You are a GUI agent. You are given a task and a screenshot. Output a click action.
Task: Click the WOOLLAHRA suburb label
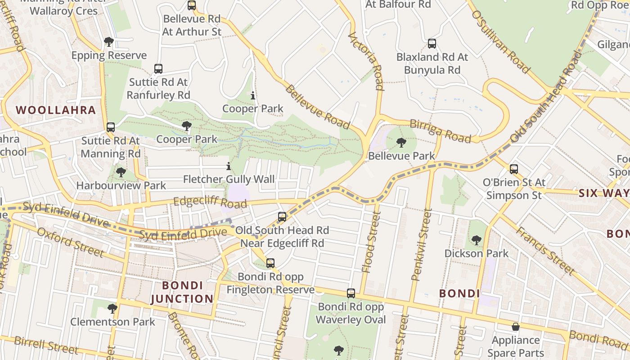[x=56, y=110]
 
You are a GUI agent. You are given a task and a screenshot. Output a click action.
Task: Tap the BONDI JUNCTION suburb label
[x=182, y=292]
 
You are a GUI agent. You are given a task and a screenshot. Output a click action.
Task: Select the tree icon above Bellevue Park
[x=401, y=143]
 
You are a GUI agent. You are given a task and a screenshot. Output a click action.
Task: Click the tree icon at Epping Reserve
[x=108, y=42]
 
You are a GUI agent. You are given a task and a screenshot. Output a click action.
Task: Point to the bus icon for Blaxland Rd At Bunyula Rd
[x=432, y=44]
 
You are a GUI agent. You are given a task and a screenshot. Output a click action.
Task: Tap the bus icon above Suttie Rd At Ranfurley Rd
[x=158, y=69]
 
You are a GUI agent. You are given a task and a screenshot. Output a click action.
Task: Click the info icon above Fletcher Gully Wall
[x=229, y=166]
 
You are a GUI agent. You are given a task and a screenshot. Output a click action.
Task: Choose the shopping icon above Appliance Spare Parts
[x=516, y=327]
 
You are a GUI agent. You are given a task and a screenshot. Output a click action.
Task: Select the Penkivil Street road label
[x=422, y=244]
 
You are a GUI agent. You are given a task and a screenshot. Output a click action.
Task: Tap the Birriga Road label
[x=440, y=131]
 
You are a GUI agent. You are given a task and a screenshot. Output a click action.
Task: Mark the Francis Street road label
[x=544, y=251]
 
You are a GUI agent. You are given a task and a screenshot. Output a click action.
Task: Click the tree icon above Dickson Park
[x=476, y=240]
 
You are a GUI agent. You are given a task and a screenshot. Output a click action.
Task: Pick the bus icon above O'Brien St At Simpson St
[x=514, y=169]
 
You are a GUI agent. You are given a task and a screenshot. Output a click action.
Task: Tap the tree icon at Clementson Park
[x=112, y=309]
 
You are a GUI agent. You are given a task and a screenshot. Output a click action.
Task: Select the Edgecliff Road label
[x=210, y=203]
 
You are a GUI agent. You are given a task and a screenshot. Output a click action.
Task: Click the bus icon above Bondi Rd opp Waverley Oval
[x=351, y=293]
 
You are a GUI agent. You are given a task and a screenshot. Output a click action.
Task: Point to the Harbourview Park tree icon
[x=121, y=172]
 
